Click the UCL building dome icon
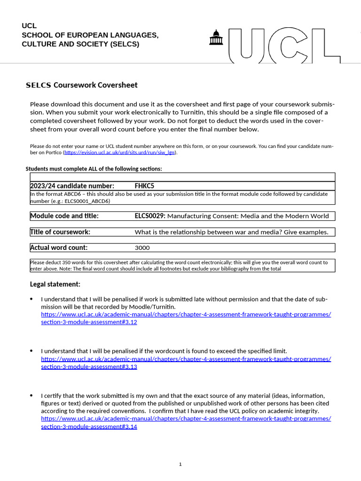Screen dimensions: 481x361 [216, 38]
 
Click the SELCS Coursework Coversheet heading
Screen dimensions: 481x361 [81, 85]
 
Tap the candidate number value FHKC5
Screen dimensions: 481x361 [144, 186]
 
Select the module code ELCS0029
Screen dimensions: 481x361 [149, 216]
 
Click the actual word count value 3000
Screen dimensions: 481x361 [142, 248]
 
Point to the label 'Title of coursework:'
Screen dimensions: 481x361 [60, 232]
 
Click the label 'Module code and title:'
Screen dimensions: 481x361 [64, 216]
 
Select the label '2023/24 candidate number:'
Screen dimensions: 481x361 [72, 186]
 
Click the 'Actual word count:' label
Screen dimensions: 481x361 [59, 248]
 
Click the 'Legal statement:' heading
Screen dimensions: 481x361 [55, 284]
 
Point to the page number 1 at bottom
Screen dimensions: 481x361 [180, 465]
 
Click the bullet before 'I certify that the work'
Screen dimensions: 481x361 [31, 396]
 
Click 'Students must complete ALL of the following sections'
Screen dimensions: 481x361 [94, 169]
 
